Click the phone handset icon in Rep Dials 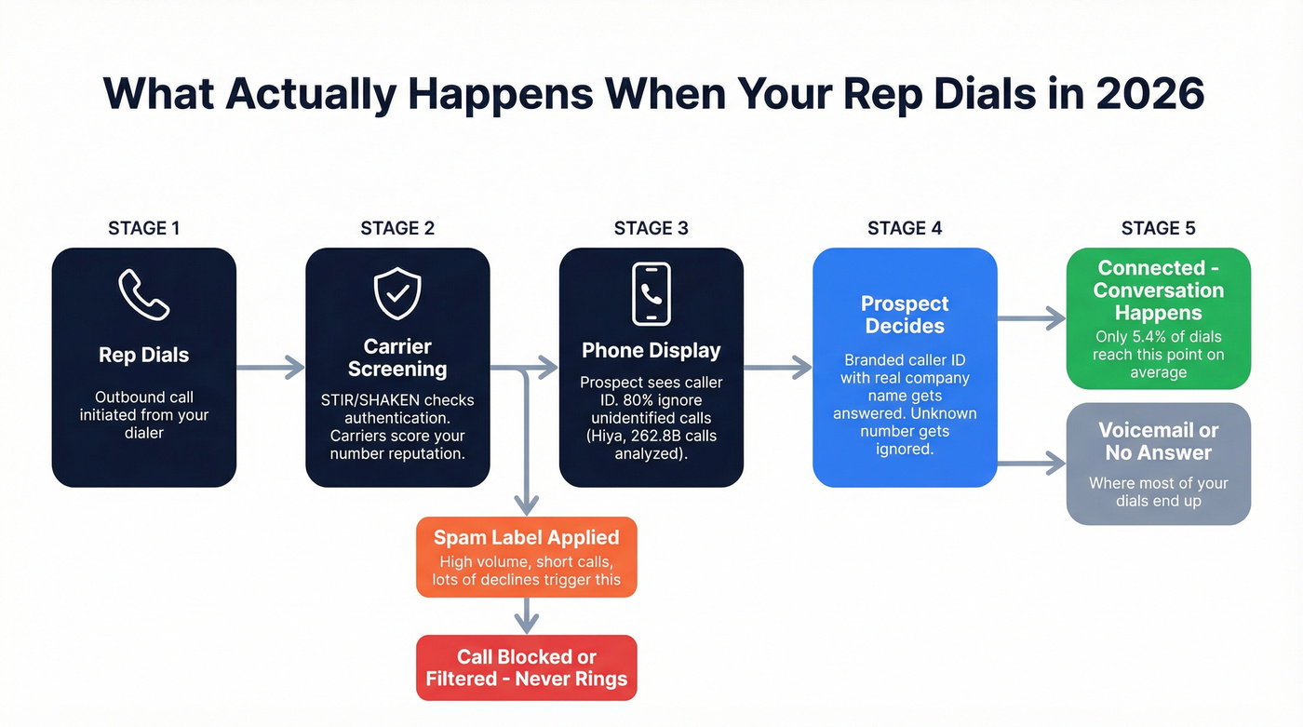click(143, 294)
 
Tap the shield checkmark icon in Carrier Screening click(397, 294)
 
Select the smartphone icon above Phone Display click(651, 294)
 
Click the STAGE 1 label click(143, 228)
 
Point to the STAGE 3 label click(651, 228)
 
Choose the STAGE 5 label click(1158, 228)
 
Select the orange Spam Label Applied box click(526, 557)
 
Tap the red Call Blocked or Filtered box click(526, 667)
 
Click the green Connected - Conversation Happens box click(1158, 317)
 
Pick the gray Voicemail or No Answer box click(1158, 464)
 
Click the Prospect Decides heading click(905, 315)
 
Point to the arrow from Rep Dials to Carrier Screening click(271, 368)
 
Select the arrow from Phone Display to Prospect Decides click(778, 368)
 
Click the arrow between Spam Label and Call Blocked click(527, 615)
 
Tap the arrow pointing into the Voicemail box click(1031, 463)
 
